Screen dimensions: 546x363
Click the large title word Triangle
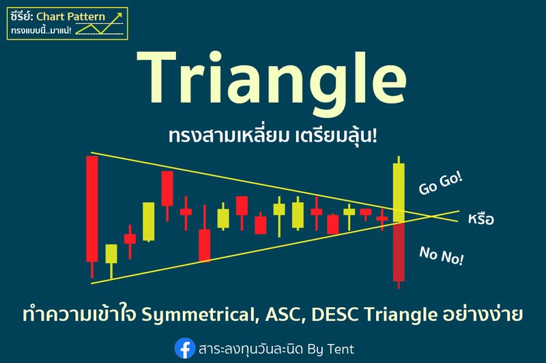click(272, 82)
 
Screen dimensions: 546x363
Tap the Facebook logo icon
click(184, 348)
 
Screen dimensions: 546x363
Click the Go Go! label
click(440, 184)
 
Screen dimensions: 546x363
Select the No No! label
click(442, 255)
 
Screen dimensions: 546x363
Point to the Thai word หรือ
click(481, 219)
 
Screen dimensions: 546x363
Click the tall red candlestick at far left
click(92, 209)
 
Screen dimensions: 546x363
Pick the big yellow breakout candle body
click(399, 193)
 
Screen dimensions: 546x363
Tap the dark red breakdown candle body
click(399, 251)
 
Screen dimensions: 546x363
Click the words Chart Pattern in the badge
click(71, 16)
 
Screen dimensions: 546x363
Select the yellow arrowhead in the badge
click(119, 16)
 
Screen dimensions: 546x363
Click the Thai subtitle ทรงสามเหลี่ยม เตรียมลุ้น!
click(272, 136)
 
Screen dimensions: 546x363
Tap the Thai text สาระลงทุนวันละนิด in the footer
click(250, 349)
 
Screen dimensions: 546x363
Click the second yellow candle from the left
click(149, 221)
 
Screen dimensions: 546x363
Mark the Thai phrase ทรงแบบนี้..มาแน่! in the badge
click(41, 30)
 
